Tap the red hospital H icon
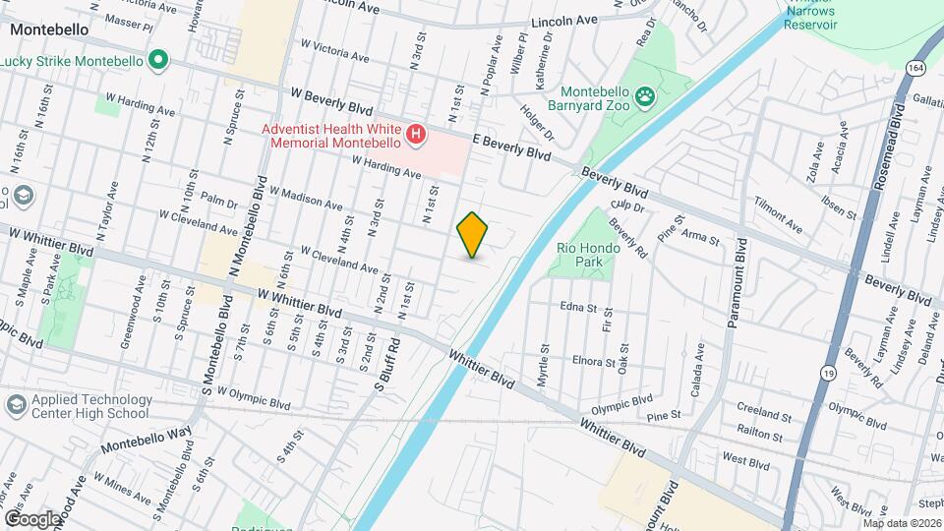[x=416, y=134]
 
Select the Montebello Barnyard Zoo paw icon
[x=645, y=95]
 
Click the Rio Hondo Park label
[x=588, y=256]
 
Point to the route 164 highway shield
[x=916, y=68]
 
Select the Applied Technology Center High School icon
[x=16, y=405]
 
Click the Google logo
[x=32, y=518]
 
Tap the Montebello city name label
[x=49, y=29]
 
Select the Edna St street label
[x=579, y=308]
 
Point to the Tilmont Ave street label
[x=778, y=215]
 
